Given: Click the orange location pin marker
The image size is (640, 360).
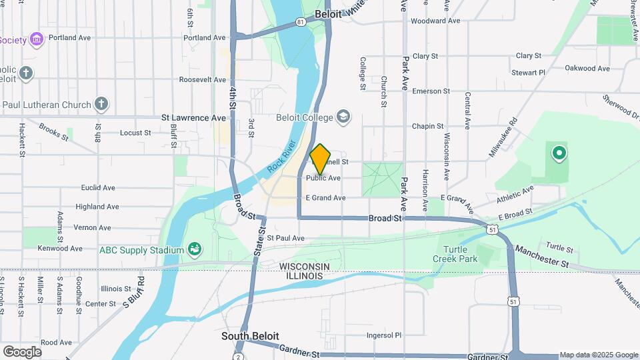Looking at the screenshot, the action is (321, 159).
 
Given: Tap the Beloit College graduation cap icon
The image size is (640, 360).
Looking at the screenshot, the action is (343, 117).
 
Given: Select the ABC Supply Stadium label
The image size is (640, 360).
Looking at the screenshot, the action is (141, 250).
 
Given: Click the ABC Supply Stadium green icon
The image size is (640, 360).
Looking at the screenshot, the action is (195, 249).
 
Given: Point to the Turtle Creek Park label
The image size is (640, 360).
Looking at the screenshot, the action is (455, 253).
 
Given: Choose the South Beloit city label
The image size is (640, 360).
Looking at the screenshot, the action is (250, 336).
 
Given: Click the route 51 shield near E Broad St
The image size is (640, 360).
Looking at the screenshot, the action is (491, 229).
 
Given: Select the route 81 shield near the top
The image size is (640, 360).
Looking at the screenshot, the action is (301, 22).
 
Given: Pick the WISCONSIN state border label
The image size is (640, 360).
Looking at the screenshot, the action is (305, 266).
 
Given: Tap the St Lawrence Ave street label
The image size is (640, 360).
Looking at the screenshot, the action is (194, 117).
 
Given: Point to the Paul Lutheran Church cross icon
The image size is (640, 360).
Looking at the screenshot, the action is (101, 103).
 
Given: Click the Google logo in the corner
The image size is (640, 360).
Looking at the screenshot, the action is (22, 351).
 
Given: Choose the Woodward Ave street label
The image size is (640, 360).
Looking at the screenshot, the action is (435, 21).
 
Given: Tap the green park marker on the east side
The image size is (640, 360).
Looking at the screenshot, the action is (559, 153).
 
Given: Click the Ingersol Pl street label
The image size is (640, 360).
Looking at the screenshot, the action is (385, 335).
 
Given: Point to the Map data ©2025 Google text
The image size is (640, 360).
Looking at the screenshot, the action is (598, 355).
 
